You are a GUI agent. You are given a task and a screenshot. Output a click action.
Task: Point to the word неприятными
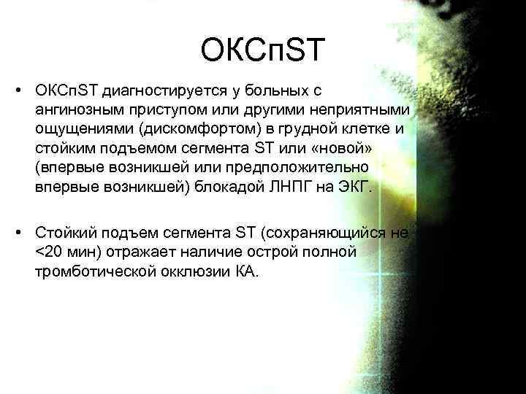(x=362, y=109)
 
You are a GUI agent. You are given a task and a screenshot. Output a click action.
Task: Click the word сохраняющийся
(x=328, y=234)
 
